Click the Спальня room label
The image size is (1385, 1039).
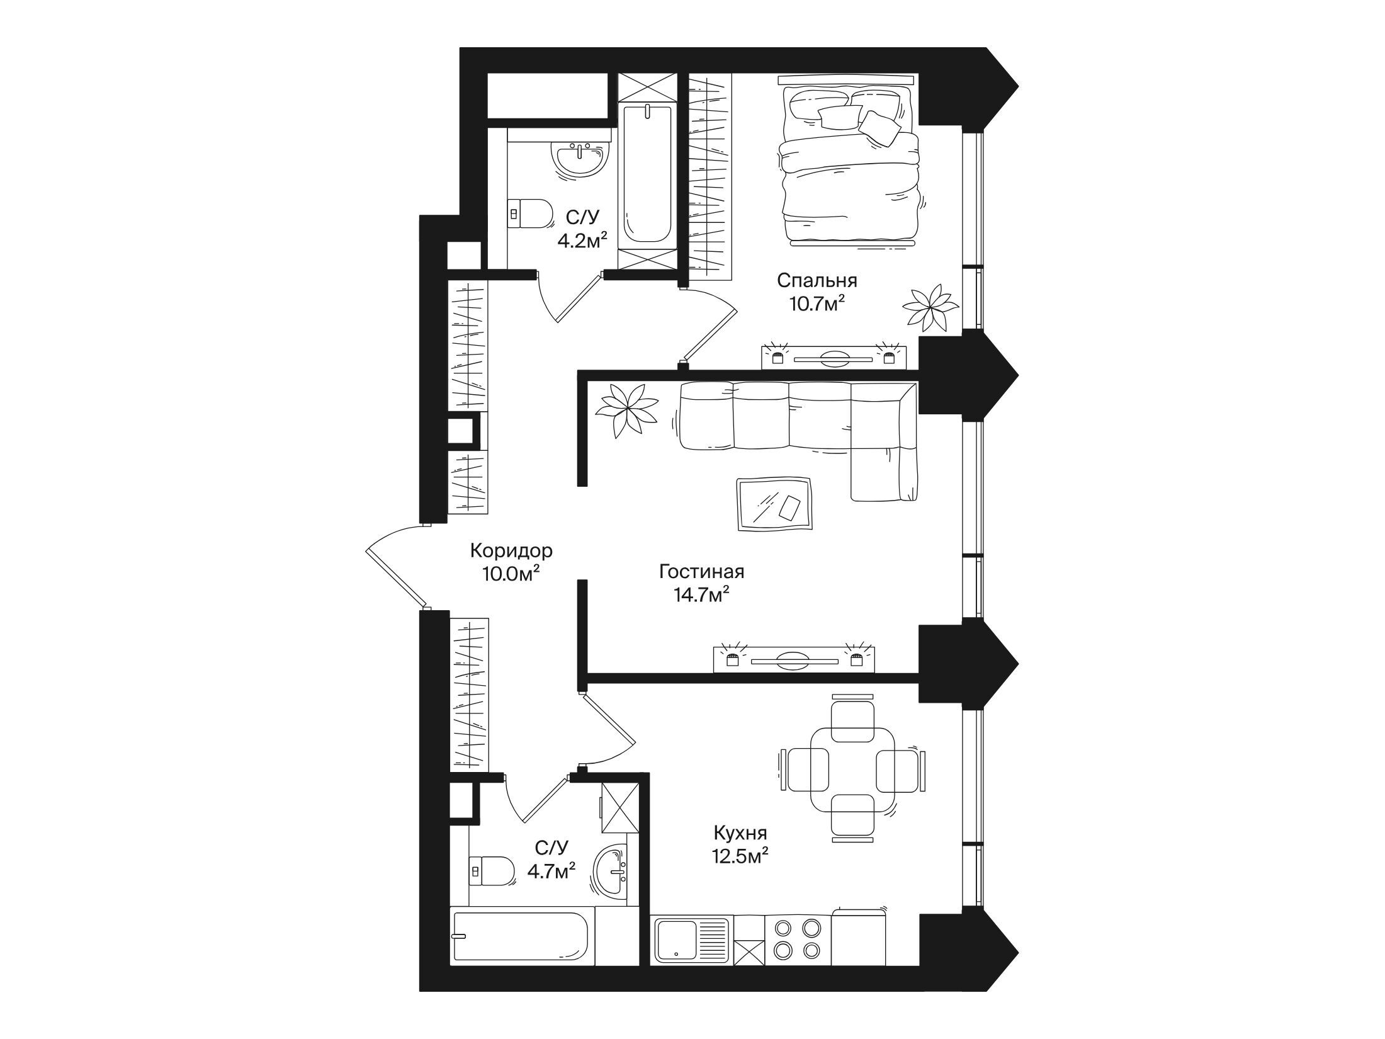click(817, 280)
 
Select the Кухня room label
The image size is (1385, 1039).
click(740, 834)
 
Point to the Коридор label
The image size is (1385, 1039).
click(511, 551)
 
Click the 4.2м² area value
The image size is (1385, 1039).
click(582, 240)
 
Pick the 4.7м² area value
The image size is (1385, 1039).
click(550, 872)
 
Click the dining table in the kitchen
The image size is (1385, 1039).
click(852, 768)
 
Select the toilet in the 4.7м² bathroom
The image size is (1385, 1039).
click(492, 871)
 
